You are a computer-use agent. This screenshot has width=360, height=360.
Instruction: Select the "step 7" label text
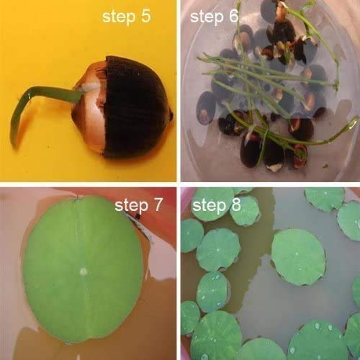[139, 207]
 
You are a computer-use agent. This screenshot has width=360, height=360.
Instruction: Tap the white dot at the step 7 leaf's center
[84, 271]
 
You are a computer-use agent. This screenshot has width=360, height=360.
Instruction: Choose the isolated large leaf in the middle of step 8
[297, 256]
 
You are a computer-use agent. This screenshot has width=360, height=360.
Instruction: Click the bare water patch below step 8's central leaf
[288, 302]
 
